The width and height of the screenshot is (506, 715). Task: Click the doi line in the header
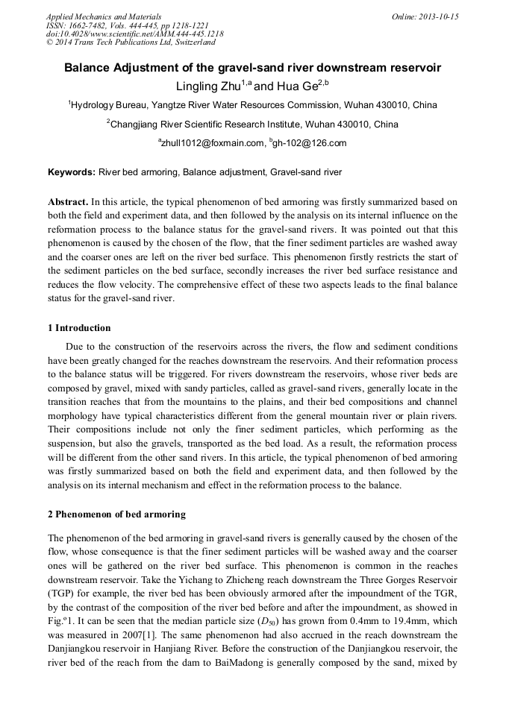(x=134, y=34)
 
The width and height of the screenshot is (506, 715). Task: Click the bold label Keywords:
(x=72, y=172)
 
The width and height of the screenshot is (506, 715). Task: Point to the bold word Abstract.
(x=68, y=202)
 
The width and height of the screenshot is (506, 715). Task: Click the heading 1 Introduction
(x=79, y=328)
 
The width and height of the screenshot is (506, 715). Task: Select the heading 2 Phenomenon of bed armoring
(x=116, y=515)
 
